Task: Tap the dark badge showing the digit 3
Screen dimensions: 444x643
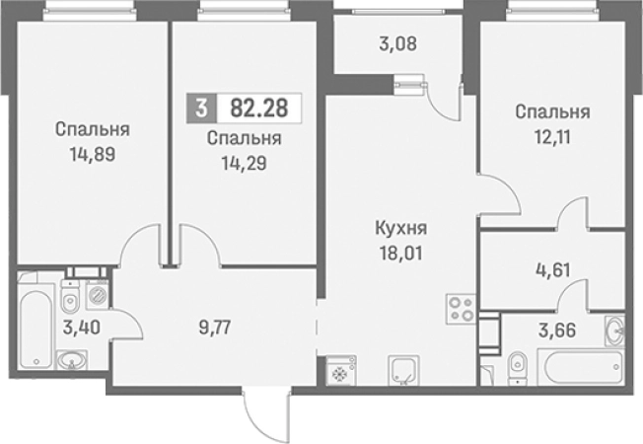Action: coord(202,106)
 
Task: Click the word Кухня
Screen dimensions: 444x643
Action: coord(400,229)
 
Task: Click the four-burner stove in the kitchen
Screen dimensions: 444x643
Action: coord(460,307)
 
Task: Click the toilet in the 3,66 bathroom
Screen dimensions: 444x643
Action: coord(518,366)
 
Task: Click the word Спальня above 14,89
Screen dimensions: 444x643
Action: coord(93,128)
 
